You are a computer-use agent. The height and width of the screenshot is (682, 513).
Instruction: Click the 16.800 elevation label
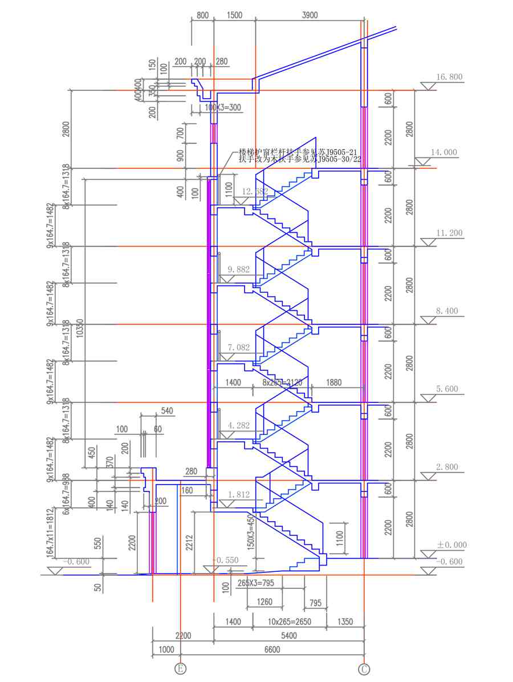point(449,77)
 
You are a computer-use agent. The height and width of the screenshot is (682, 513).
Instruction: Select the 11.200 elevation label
point(449,233)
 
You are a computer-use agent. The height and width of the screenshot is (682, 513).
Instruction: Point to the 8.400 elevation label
point(446,311)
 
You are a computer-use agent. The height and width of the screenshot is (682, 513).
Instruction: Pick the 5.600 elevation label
point(446,389)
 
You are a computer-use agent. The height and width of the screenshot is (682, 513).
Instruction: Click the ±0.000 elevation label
point(451,545)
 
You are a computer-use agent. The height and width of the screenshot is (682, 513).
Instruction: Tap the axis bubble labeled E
point(180,668)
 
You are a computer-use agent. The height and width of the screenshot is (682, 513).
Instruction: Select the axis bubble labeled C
point(364,668)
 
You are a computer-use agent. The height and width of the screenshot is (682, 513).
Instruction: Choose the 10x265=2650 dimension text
point(289,622)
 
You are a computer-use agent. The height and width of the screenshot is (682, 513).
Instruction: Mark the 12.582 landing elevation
point(255,191)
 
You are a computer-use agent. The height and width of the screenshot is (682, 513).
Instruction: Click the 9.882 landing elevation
point(238,269)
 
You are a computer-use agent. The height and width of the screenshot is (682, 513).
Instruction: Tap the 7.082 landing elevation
point(238,347)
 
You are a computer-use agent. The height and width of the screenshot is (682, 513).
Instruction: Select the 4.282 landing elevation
point(238,425)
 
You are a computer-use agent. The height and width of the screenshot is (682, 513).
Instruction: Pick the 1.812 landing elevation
point(238,495)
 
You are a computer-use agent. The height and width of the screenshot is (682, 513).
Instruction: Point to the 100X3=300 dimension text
point(207,107)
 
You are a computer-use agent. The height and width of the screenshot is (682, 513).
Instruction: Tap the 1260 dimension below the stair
point(264,602)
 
